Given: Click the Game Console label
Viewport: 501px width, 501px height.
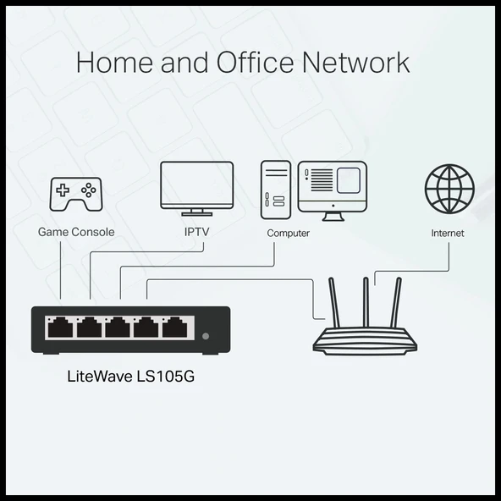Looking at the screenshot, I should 76,232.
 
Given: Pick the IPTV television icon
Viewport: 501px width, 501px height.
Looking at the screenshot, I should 196,189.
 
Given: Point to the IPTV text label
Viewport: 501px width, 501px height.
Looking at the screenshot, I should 196,232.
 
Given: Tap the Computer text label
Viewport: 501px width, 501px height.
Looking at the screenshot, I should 288,233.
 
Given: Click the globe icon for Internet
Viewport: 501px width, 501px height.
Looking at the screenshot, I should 449,189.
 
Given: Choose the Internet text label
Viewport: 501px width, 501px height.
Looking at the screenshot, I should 447,233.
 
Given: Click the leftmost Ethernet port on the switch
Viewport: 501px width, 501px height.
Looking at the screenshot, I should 60,327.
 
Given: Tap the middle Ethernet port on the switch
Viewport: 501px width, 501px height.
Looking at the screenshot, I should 118,327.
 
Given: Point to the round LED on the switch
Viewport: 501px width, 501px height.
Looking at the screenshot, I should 206,337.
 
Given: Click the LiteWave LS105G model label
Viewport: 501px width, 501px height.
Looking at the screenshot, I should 130,376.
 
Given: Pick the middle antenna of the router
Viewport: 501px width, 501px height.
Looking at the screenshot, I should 366,302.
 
